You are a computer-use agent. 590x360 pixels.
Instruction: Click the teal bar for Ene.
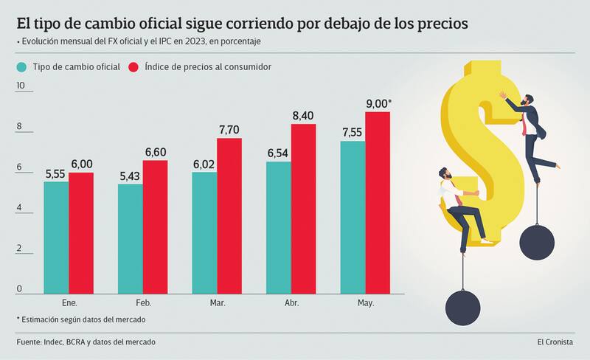(56, 236)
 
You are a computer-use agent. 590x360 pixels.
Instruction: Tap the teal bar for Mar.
(204, 232)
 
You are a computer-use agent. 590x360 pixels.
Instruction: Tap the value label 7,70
(229, 130)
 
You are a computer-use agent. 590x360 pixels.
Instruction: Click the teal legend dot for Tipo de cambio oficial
(21, 68)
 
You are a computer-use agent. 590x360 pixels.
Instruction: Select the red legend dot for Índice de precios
(134, 68)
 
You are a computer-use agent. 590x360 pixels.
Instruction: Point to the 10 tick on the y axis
(20, 86)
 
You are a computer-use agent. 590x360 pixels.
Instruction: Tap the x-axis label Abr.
(292, 303)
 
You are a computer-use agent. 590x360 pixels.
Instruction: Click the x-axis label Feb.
(143, 303)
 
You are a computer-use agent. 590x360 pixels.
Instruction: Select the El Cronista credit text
(559, 342)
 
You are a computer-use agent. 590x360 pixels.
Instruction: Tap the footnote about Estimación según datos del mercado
(81, 319)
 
